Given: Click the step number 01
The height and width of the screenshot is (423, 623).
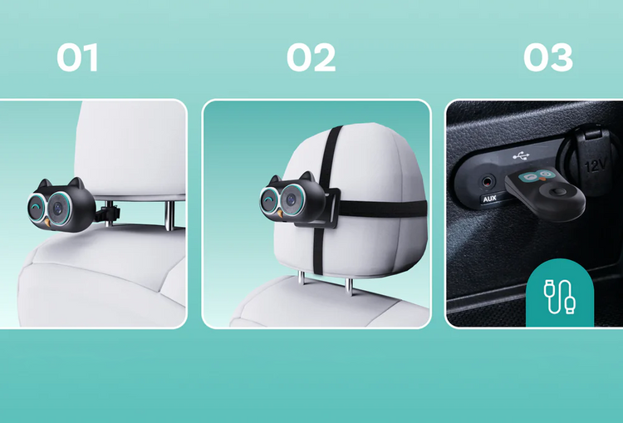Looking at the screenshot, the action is [x=77, y=57].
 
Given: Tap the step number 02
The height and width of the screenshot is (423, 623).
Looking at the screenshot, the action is [x=311, y=57].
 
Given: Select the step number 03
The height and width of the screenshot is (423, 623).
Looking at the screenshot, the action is [x=548, y=57].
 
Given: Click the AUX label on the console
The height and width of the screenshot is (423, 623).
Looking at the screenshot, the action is [x=490, y=198].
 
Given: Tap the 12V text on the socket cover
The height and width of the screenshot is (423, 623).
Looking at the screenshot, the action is [x=596, y=165].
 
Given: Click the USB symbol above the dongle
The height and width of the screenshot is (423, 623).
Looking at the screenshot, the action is [x=521, y=156].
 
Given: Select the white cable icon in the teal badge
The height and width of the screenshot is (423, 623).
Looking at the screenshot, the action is [x=560, y=297].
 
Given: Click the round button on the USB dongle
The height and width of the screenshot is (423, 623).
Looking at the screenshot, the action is [x=557, y=193].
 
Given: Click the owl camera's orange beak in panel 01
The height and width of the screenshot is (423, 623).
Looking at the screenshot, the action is [x=47, y=223].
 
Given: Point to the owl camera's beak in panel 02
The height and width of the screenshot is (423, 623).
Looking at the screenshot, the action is [x=280, y=214].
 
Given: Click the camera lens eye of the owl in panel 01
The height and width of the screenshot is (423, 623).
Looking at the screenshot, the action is [x=58, y=208].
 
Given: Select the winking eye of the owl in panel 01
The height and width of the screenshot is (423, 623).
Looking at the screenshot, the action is [x=36, y=207].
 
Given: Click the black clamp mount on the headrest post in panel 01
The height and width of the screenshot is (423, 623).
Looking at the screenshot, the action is [x=108, y=212].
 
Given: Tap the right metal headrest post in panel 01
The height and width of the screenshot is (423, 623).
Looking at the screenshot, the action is [x=169, y=215].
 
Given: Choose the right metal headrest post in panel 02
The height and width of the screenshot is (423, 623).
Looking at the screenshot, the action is [x=349, y=285].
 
